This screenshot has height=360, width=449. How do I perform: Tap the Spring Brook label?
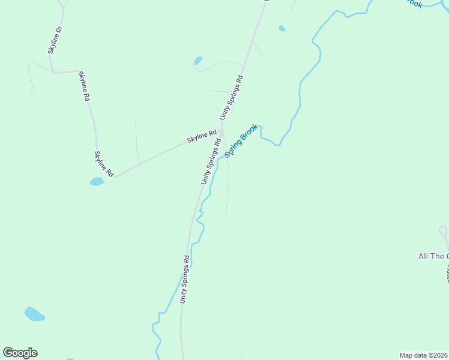tap(241, 141)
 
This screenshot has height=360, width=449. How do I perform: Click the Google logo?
tap(20, 353)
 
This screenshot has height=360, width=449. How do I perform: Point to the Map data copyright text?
tap(423, 355)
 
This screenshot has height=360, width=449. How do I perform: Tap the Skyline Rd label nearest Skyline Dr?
tap(84, 86)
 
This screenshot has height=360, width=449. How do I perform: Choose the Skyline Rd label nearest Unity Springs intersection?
tap(202, 137)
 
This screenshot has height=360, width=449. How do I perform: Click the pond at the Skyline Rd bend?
tap(96, 181)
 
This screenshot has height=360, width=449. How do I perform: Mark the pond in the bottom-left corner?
tap(34, 314)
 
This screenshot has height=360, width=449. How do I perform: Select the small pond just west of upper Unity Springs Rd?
tap(198, 61)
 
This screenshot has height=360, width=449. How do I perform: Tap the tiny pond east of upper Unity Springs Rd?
tap(282, 28)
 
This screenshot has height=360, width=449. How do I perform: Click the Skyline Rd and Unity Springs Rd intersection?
tap(221, 132)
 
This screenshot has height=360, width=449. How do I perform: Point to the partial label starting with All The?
tap(433, 257)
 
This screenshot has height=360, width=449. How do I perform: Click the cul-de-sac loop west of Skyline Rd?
tap(32, 89)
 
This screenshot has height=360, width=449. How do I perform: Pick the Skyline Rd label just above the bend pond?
tap(103, 163)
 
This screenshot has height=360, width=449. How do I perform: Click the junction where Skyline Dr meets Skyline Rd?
tap(54, 71)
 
